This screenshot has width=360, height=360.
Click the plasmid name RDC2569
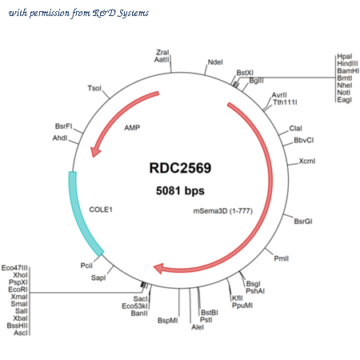pyautogui.click(x=180, y=168)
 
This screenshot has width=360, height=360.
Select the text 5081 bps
pyautogui.click(x=180, y=190)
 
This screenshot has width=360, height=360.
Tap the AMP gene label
pyautogui.click(x=132, y=128)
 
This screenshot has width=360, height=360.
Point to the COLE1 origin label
pyautogui.click(x=101, y=210)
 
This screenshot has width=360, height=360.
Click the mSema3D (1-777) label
pyautogui.click(x=223, y=211)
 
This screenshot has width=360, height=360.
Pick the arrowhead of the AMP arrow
pyautogui.click(x=95, y=152)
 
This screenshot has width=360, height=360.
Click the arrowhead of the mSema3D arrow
pyautogui.click(x=158, y=268)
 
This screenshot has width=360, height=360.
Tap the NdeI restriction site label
pyautogui.click(x=215, y=62)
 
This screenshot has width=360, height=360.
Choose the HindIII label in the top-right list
pyautogui.click(x=347, y=63)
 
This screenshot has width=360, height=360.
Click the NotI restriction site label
pyautogui.click(x=343, y=93)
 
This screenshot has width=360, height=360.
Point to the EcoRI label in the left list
pyautogui.click(x=18, y=290)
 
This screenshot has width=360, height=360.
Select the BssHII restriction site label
pyautogui.click(x=17, y=326)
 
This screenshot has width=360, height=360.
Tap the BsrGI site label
pyautogui.click(x=303, y=222)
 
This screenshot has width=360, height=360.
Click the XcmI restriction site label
pyautogui.click(x=307, y=161)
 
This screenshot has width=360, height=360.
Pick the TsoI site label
pyautogui.click(x=94, y=88)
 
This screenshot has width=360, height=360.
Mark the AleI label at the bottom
pyautogui.click(x=198, y=327)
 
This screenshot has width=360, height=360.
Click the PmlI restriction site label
pyautogui.click(x=282, y=258)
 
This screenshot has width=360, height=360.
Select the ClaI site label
pyautogui.click(x=296, y=128)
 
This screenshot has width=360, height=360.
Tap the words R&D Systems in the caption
pyautogui.click(x=121, y=13)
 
